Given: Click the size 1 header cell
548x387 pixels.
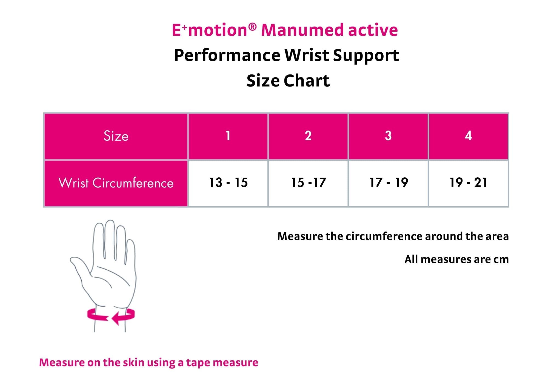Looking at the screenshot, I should [x=228, y=136].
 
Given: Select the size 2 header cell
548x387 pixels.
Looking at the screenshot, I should [x=308, y=136].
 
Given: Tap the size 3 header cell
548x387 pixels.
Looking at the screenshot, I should [x=388, y=136].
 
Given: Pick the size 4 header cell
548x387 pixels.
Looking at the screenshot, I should [x=468, y=136].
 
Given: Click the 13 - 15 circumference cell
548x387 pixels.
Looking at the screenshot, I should [x=228, y=183].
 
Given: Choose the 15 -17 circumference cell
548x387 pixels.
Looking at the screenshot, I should [x=308, y=183].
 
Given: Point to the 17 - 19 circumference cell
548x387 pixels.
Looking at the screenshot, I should [x=388, y=183].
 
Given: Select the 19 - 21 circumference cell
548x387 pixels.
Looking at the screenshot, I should [x=468, y=183].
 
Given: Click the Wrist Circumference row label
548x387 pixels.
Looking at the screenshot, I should [x=116, y=183].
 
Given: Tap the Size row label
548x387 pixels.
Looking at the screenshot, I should [x=116, y=136].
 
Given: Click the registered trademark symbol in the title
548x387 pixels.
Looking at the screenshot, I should [x=252, y=27].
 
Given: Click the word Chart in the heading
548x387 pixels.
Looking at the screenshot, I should [x=307, y=81].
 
